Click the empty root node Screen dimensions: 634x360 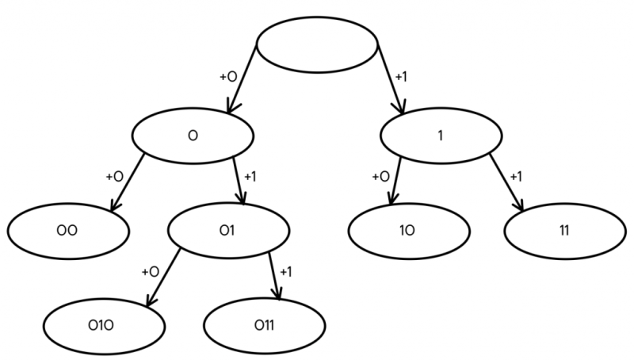318,44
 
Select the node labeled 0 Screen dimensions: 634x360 193,136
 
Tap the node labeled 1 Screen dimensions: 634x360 441,136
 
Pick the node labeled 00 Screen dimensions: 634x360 68,231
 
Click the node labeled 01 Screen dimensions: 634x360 229,231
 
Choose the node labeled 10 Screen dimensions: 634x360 409,231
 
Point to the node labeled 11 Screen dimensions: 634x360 565,231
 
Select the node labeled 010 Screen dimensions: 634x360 105,326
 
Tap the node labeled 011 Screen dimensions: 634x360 265,326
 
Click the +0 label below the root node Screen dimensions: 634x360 228,76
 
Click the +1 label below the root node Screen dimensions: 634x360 401,76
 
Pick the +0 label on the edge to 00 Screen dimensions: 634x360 114,177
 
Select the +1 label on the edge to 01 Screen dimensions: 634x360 250,177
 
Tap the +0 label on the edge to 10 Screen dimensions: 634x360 380,177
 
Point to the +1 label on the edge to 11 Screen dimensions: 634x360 516,177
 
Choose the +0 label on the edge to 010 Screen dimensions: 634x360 150,272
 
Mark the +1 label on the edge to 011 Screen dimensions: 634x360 285,272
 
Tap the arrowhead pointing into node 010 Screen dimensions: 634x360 151,301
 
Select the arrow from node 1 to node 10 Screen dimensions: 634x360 395,181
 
